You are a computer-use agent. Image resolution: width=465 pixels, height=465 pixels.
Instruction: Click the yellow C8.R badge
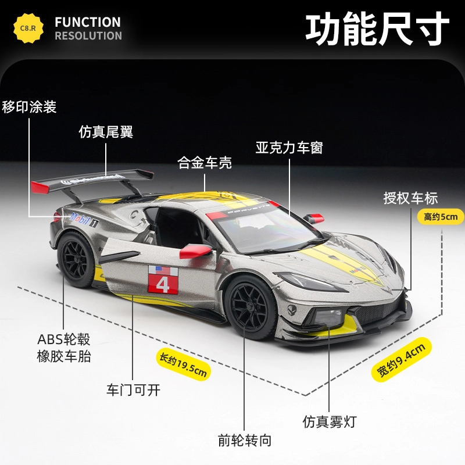(28, 28)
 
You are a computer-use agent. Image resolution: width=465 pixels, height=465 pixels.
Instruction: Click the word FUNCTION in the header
(88, 22)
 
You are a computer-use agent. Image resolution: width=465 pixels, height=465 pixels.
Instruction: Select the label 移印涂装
(29, 108)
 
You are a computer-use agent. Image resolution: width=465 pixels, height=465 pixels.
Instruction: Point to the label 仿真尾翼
(106, 132)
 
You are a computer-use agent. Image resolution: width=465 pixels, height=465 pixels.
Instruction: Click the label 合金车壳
(205, 163)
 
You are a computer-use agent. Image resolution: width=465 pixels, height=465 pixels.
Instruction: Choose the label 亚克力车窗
(289, 147)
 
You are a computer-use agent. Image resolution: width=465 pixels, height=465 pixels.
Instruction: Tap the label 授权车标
(410, 198)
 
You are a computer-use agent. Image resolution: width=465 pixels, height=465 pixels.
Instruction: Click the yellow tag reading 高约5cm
(441, 217)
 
